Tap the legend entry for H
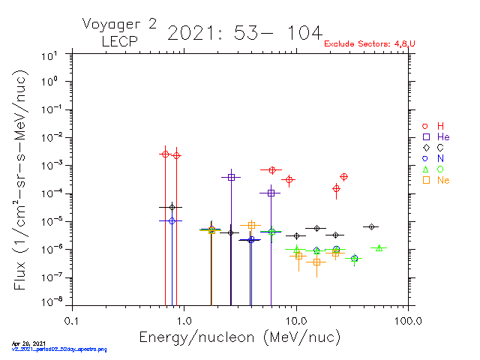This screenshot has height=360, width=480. (x=434, y=126)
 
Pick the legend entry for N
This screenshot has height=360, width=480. (x=434, y=158)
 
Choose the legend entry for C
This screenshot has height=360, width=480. (x=434, y=148)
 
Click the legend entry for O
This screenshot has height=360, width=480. (x=434, y=169)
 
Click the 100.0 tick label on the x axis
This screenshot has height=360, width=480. (x=407, y=320)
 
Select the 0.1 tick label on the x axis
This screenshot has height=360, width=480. (x=71, y=320)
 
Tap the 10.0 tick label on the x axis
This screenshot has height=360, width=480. (x=296, y=320)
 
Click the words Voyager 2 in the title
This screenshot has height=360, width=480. (x=120, y=24)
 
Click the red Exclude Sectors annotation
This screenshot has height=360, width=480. (x=370, y=44)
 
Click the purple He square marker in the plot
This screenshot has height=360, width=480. (x=231, y=177)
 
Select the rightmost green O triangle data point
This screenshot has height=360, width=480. (x=379, y=248)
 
